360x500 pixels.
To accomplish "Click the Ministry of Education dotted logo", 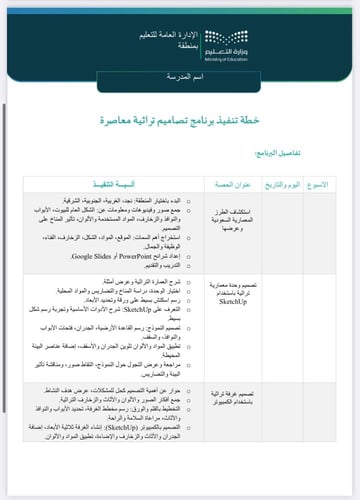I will pos(307,39).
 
